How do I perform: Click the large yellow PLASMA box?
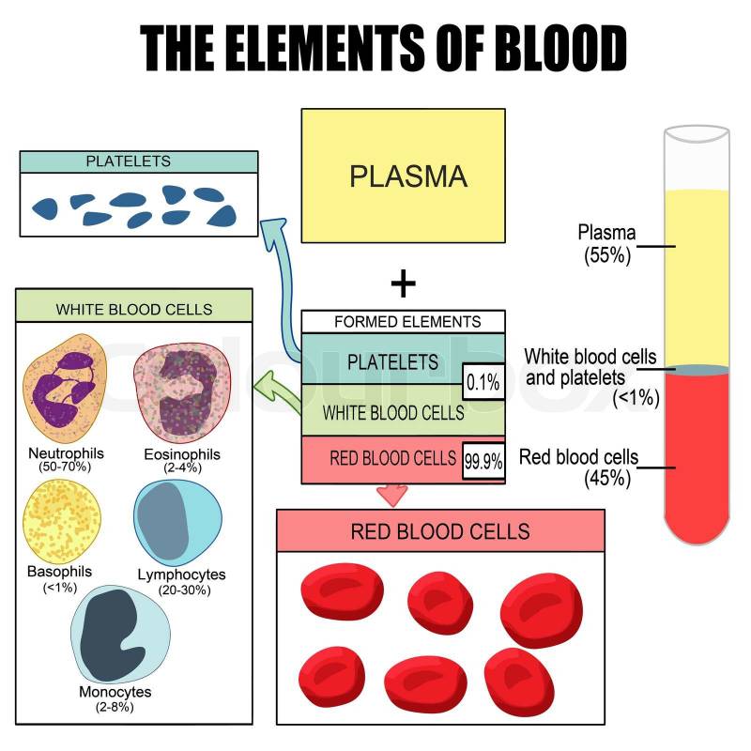(403, 176)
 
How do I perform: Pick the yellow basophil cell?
(63, 514)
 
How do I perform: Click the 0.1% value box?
(483, 384)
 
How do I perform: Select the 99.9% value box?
(483, 461)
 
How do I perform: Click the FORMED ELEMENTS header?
(404, 322)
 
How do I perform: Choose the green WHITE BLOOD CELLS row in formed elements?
(393, 412)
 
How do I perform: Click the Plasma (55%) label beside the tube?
(606, 242)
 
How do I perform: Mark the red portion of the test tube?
(697, 451)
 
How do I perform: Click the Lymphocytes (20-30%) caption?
(181, 582)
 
